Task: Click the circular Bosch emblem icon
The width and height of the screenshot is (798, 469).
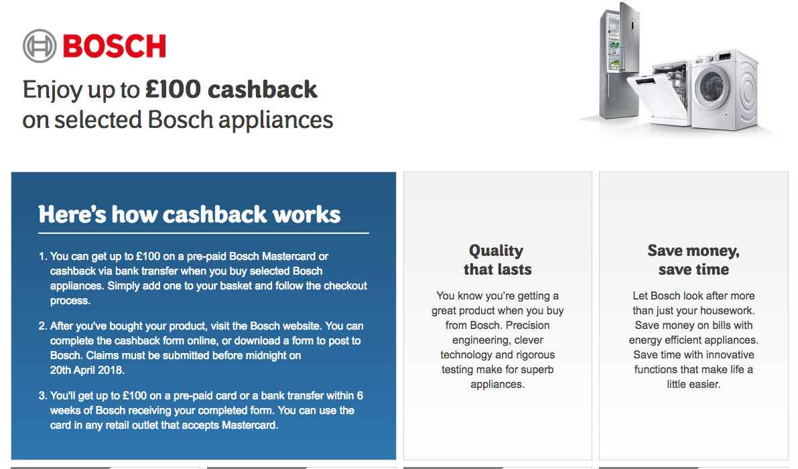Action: pos(40,46)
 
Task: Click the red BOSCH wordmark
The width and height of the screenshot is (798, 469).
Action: pos(115,46)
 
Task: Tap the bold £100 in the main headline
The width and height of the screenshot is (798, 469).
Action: pos(173,90)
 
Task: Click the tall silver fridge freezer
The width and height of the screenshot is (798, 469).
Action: pos(619,61)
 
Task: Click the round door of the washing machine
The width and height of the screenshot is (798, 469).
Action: pos(712,86)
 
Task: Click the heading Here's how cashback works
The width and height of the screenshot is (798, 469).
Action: pos(190,214)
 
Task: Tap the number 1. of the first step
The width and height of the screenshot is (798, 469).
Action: pos(44,257)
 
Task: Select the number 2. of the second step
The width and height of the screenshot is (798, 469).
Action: pos(44,326)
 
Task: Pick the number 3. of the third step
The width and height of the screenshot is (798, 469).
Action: pos(44,396)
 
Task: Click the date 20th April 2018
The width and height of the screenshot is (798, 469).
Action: pos(86,371)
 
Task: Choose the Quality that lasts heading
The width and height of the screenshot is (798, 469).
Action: pos(498,260)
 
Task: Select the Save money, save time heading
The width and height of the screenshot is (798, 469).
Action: pos(693,260)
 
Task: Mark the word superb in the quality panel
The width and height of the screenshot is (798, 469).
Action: pos(535,370)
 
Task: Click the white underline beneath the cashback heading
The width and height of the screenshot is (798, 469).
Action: pos(204,233)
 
